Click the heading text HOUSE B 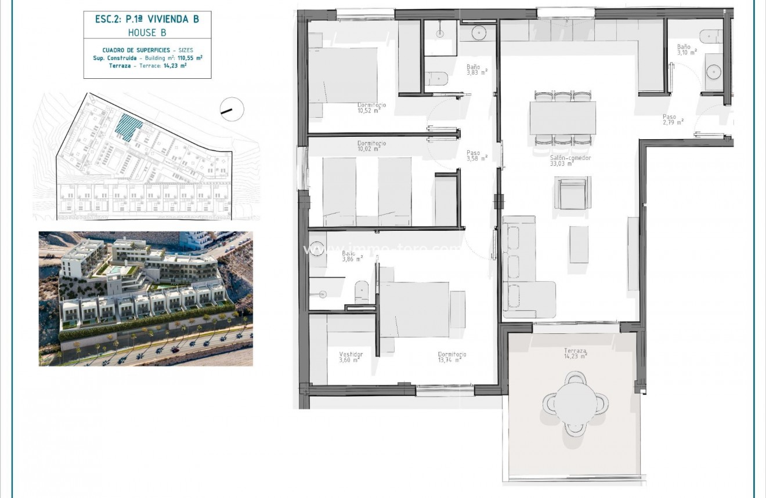click(x=147, y=33)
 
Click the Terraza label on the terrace click(x=575, y=354)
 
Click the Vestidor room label click(x=351, y=357)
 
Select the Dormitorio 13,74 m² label click(x=452, y=357)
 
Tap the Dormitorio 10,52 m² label click(x=372, y=107)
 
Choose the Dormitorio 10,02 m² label click(x=371, y=146)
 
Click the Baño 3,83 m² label click(x=476, y=70)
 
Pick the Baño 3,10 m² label click(x=686, y=49)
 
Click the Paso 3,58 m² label click(x=476, y=155)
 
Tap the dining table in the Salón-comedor click(x=562, y=118)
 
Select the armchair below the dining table click(x=573, y=193)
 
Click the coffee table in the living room click(x=579, y=244)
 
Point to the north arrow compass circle click(x=232, y=109)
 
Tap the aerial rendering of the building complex click(x=146, y=299)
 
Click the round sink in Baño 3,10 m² click(x=714, y=72)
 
